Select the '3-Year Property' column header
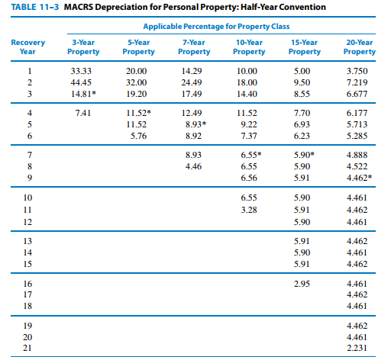[83, 47]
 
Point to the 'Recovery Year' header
[27, 47]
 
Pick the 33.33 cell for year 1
[82, 70]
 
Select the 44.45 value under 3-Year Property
[82, 82]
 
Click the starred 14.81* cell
[83, 93]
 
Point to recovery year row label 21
[28, 348]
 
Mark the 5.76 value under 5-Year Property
[137, 135]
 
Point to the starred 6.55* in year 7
[249, 154]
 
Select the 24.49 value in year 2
[192, 82]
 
